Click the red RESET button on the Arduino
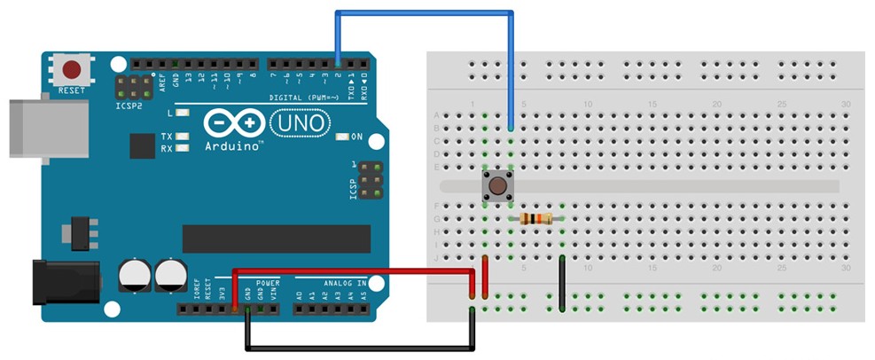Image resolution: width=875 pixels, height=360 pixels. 71,69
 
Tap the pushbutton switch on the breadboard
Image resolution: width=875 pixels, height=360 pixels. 498,186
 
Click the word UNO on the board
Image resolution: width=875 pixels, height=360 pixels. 299,121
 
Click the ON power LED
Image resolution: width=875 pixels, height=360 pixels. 343,137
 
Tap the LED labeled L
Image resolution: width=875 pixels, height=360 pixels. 183,113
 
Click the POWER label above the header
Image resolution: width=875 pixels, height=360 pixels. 268,284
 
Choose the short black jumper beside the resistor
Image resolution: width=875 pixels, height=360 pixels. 562,284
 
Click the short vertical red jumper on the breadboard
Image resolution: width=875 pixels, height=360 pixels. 485,275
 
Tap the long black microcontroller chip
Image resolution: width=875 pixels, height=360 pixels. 276,239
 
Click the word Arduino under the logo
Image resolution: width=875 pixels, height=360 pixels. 232,145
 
